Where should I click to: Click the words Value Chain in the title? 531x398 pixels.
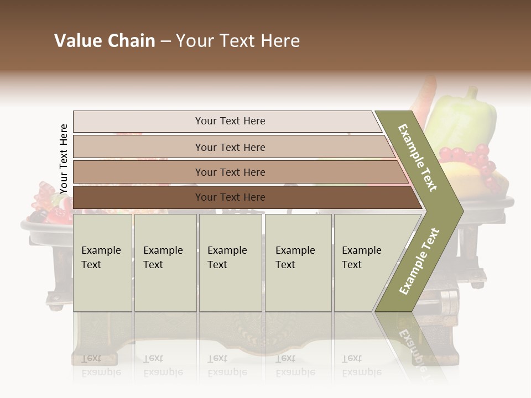[105, 41]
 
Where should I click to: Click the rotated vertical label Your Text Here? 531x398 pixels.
[64, 159]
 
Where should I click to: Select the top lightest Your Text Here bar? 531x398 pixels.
[230, 121]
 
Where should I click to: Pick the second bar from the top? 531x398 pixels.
[230, 147]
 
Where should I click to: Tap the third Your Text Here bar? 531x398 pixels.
[230, 172]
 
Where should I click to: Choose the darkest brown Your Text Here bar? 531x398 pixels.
[230, 197]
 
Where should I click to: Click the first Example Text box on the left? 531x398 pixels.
[102, 263]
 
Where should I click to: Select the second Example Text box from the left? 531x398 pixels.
[165, 263]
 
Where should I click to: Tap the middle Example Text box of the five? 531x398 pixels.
[230, 263]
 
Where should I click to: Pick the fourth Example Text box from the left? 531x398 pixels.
[298, 263]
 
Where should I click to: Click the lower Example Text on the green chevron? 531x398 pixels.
[419, 261]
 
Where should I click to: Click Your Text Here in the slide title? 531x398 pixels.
[238, 41]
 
